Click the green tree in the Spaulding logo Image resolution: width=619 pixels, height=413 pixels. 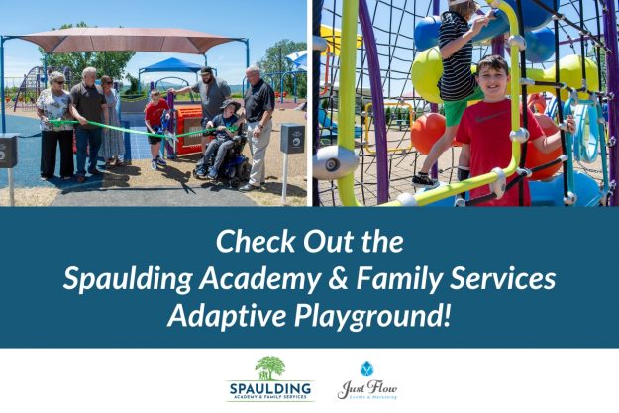269,366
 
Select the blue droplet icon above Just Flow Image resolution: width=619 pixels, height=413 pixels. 367,368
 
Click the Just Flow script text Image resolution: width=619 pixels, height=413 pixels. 367,387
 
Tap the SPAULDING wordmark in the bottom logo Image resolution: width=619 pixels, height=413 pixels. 269,387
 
